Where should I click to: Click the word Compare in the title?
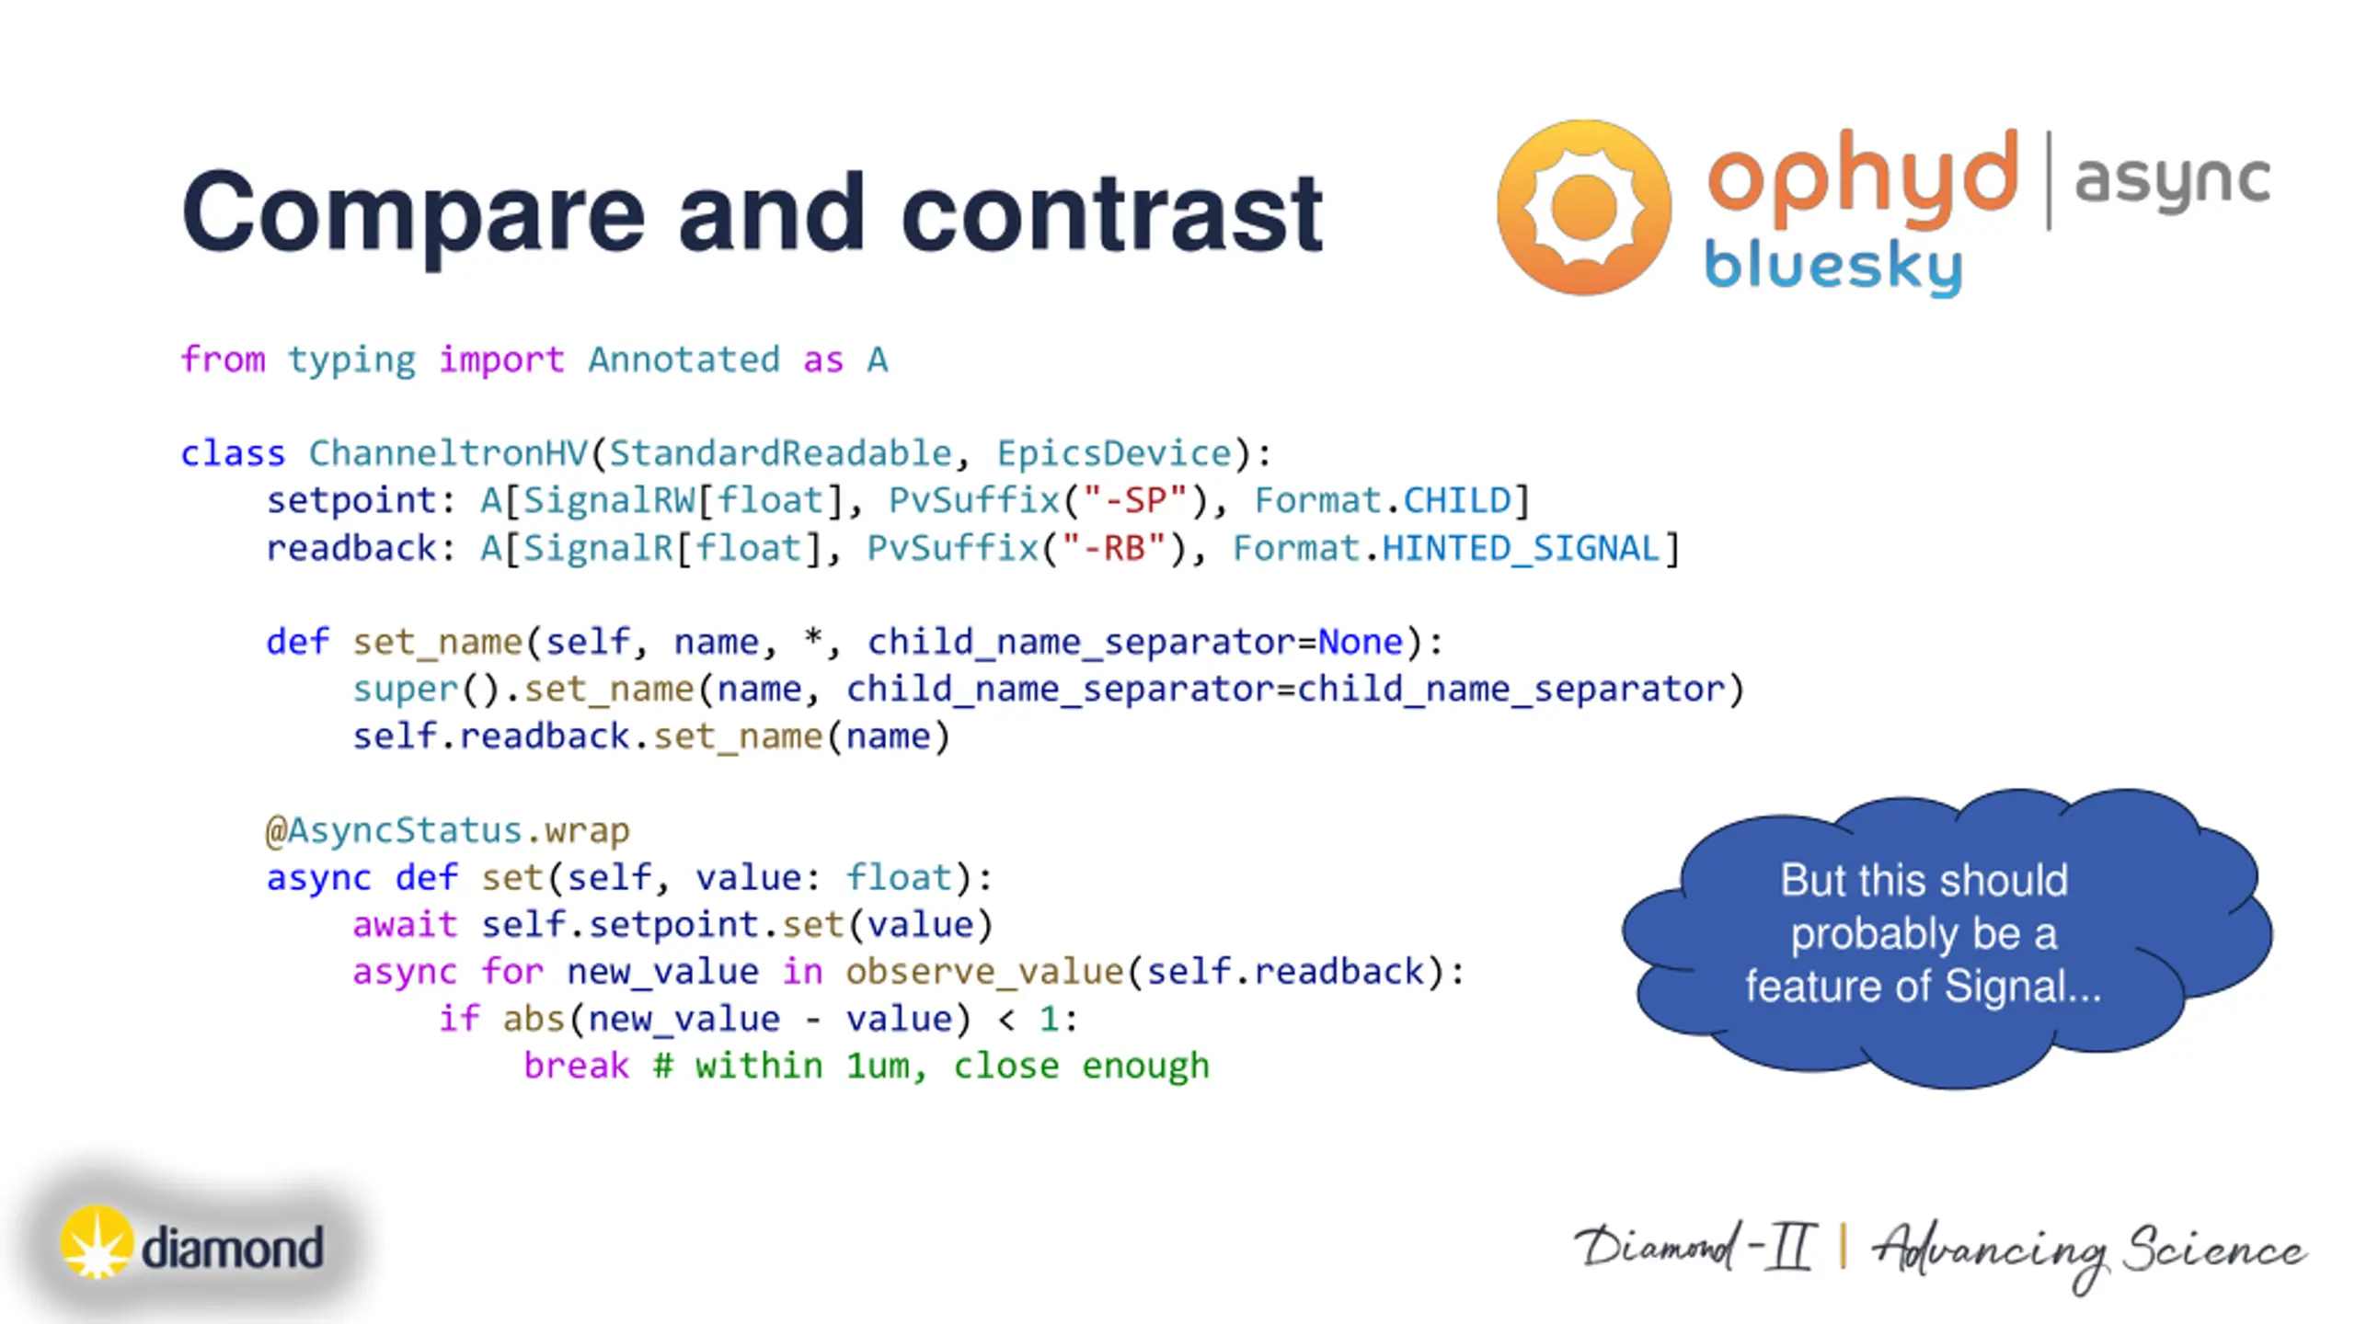(x=413, y=213)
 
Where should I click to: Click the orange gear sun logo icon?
(x=1583, y=207)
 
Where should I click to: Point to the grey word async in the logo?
(x=2172, y=180)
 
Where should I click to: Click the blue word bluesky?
(x=1832, y=266)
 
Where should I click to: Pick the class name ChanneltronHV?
(x=447, y=453)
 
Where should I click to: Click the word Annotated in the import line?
(x=684, y=360)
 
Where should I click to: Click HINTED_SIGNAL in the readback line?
(x=1521, y=548)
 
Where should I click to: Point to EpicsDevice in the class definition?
(x=1113, y=453)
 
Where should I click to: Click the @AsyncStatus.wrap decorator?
(x=447, y=830)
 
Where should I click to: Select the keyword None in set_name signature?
(x=1360, y=642)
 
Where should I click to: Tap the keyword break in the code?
(x=576, y=1066)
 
